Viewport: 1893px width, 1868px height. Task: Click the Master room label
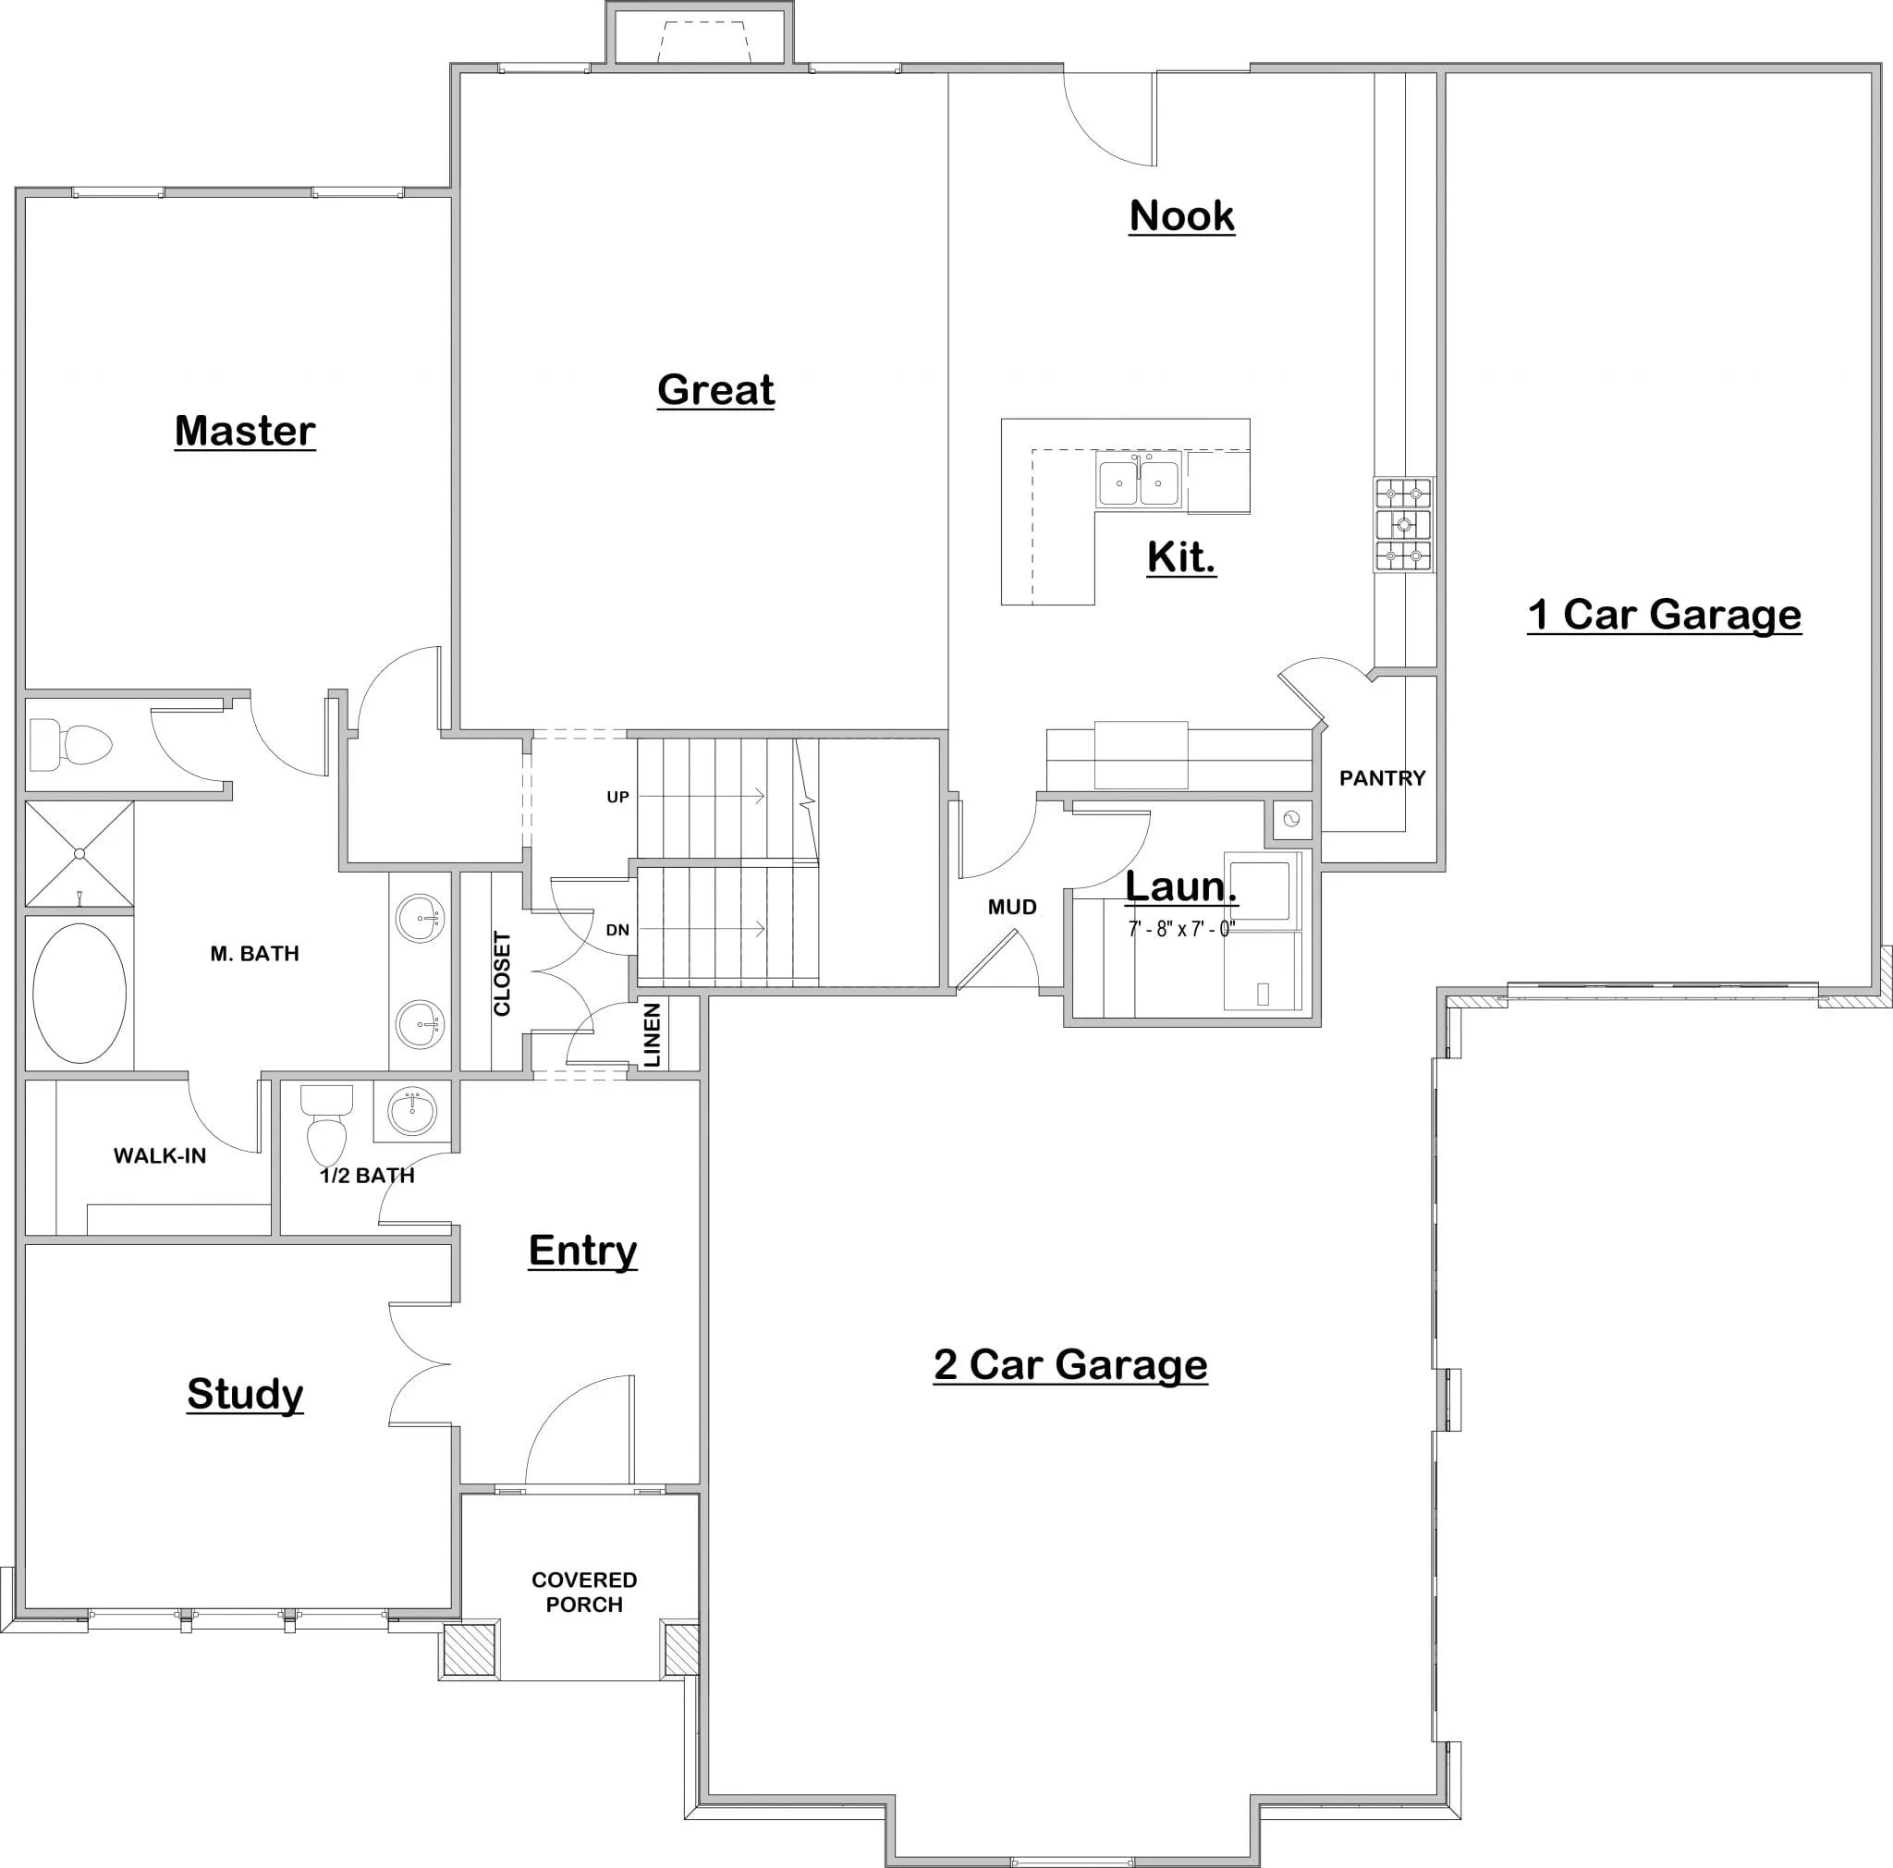[245, 431]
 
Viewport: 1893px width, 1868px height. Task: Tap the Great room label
[715, 390]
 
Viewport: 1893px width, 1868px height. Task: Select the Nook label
[1181, 215]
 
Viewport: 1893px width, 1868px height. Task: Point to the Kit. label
[1181, 557]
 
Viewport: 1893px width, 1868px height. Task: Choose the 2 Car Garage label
[1070, 1364]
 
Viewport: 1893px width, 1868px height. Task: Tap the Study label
[245, 1393]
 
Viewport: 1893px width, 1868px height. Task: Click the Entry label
[582, 1250]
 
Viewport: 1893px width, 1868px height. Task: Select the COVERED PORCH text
[584, 1592]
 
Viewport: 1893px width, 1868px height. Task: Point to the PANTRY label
[1382, 777]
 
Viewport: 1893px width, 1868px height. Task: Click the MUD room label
[1012, 907]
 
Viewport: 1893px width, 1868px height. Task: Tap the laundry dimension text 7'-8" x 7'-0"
[1180, 929]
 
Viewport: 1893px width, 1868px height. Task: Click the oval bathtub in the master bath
[79, 993]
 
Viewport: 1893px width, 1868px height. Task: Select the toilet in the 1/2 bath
[326, 1127]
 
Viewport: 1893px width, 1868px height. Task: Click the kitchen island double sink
[1139, 482]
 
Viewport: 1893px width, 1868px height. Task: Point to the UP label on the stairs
[617, 798]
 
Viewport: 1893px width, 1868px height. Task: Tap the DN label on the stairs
[617, 930]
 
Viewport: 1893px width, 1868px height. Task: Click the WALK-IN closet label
[160, 1156]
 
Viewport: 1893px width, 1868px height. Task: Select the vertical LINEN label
[653, 1034]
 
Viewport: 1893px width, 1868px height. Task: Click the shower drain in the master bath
[79, 853]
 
